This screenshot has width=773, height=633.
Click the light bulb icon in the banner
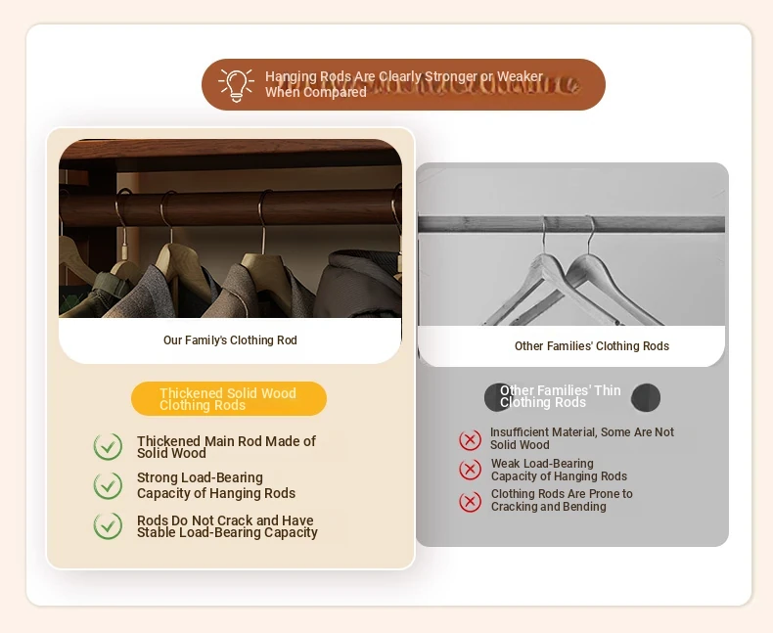click(237, 85)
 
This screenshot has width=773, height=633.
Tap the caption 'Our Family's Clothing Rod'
click(230, 340)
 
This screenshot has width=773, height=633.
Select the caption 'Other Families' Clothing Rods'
click(592, 346)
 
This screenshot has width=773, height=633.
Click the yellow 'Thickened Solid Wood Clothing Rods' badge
click(229, 398)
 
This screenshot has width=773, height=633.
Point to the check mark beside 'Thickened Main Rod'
click(108, 447)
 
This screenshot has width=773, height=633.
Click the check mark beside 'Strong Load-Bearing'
click(108, 485)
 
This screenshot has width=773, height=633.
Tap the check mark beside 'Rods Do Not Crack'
click(108, 525)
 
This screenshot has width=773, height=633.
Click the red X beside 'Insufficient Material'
click(471, 439)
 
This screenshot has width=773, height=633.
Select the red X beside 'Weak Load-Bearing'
click(471, 470)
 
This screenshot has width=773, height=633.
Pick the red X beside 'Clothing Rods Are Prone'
click(471, 502)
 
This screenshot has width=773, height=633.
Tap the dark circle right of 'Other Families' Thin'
click(646, 397)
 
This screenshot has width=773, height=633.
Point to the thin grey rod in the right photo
click(571, 224)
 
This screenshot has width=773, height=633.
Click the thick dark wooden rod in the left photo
click(230, 207)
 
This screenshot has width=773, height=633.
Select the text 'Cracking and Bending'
click(549, 507)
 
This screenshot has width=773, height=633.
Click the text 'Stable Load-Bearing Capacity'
click(227, 533)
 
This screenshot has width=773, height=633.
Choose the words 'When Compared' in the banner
click(316, 92)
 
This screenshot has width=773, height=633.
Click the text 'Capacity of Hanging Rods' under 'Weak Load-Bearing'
click(559, 476)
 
